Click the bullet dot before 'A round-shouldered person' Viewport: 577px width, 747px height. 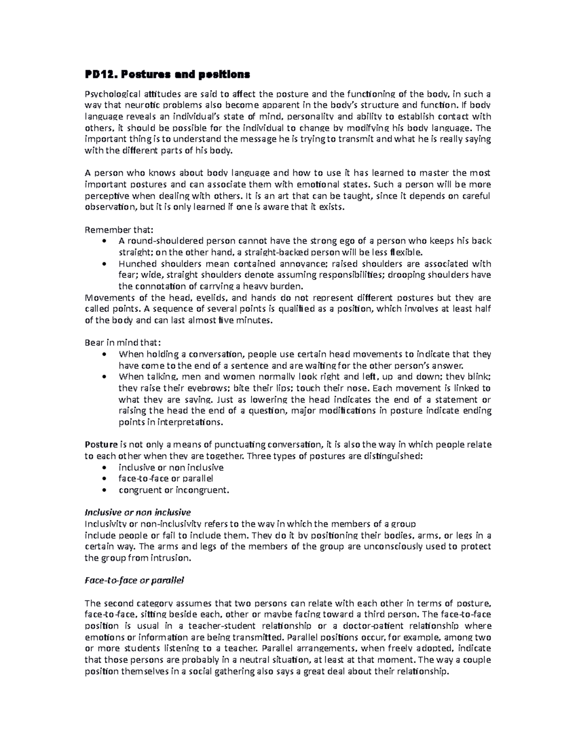pos(105,241)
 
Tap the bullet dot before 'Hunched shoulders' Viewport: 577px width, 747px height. pos(105,264)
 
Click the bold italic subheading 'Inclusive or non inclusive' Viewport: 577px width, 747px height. pos(138,512)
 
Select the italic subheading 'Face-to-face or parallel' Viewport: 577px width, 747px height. pos(134,580)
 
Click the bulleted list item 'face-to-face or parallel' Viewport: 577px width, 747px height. pos(166,479)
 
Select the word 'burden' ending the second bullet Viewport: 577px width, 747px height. pos(288,286)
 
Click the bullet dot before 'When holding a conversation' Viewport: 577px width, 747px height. pos(105,355)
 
